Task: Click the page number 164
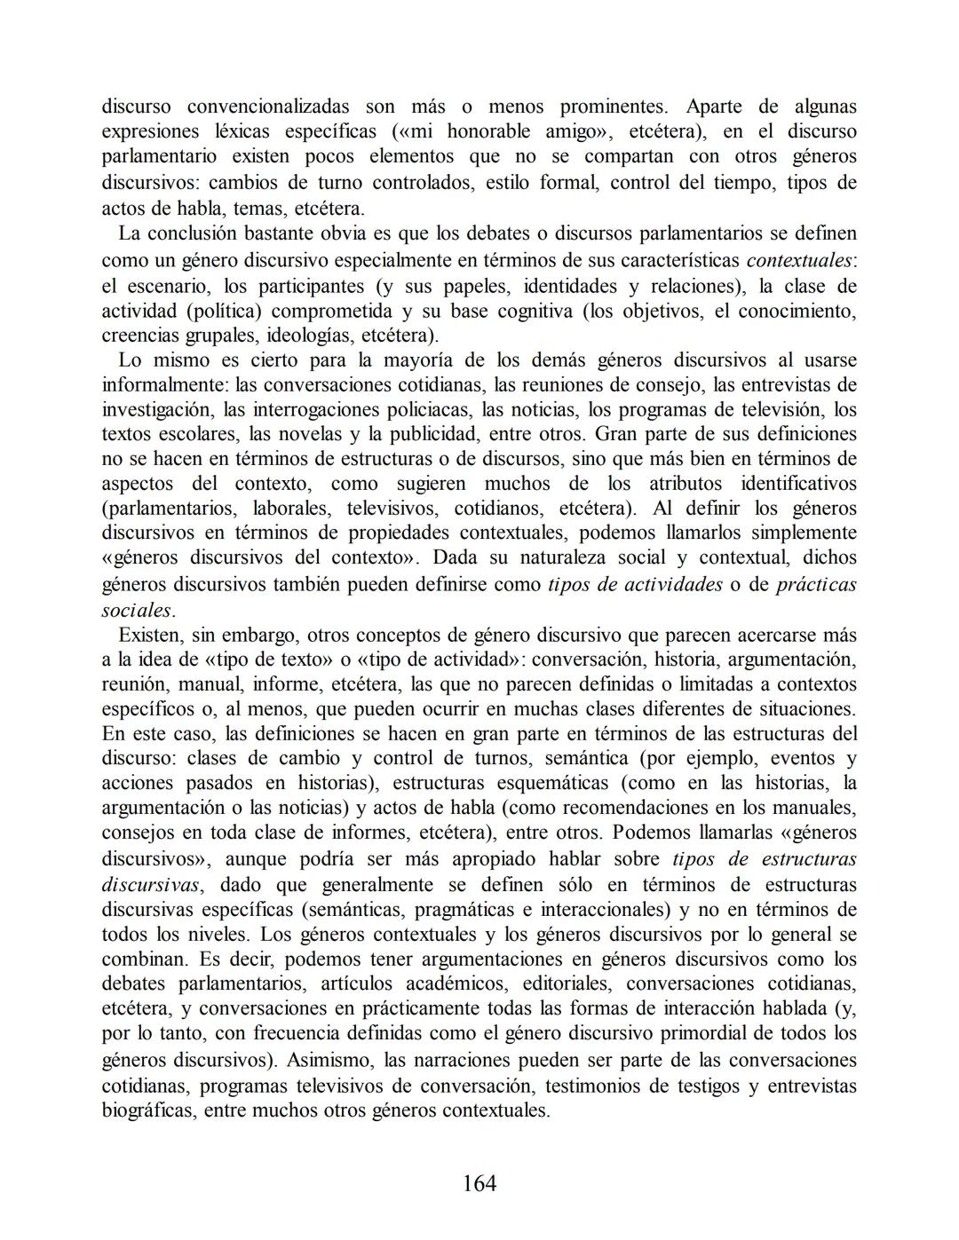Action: click(479, 1182)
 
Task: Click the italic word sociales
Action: click(137, 610)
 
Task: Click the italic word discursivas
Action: click(150, 884)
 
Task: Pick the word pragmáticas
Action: click(464, 909)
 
